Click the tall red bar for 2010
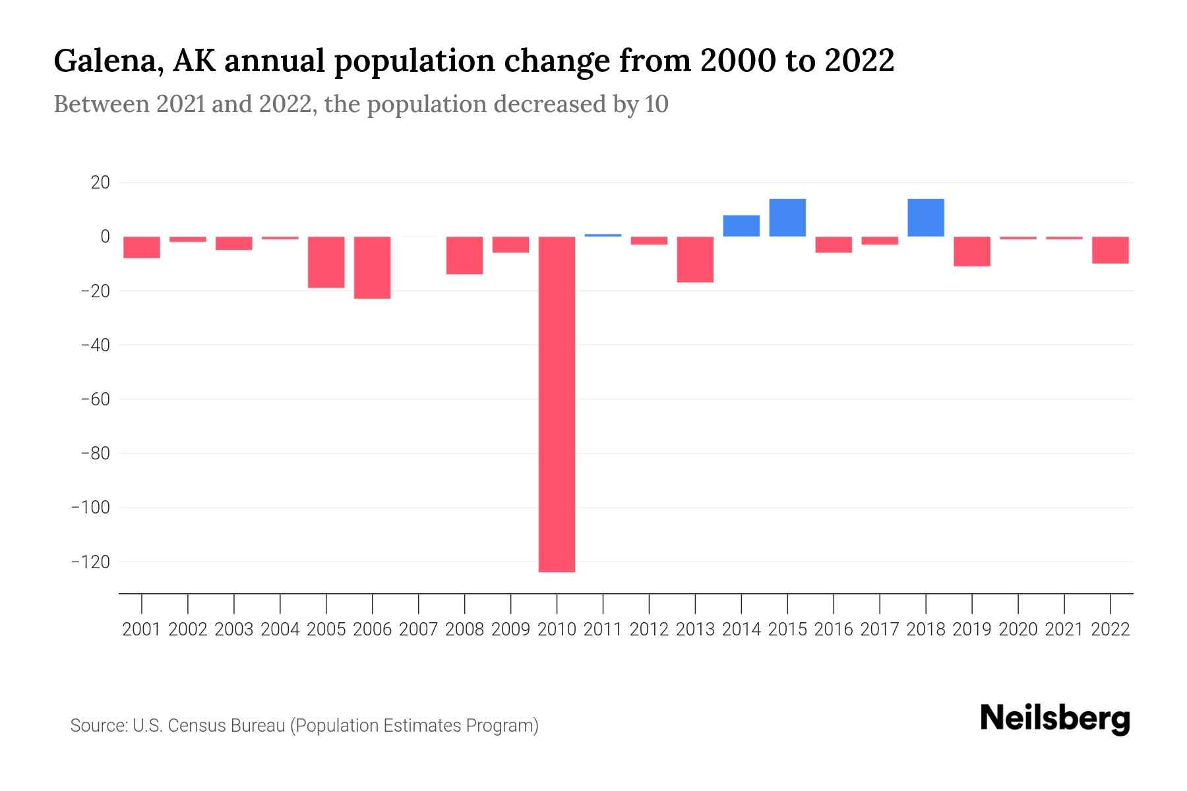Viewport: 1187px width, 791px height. tap(557, 403)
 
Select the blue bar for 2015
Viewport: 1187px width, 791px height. tap(787, 218)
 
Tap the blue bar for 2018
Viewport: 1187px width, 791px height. tap(926, 218)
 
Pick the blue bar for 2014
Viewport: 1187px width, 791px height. tap(741, 226)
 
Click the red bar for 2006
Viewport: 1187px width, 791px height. tap(373, 267)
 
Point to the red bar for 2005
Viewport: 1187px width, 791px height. tap(326, 262)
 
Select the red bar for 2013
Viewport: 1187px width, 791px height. tap(695, 259)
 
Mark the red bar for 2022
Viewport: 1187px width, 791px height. tap(1111, 250)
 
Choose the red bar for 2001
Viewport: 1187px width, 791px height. tap(142, 247)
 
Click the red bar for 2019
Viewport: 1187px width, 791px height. tap(972, 251)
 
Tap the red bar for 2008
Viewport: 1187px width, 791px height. tap(465, 255)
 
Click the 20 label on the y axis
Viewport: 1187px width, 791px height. tap(100, 183)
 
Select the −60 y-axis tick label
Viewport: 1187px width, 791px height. tap(95, 399)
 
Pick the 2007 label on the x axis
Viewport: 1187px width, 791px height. tap(419, 630)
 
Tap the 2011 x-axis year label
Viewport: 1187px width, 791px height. tap(603, 630)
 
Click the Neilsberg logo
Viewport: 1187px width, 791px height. tap(1055, 718)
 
